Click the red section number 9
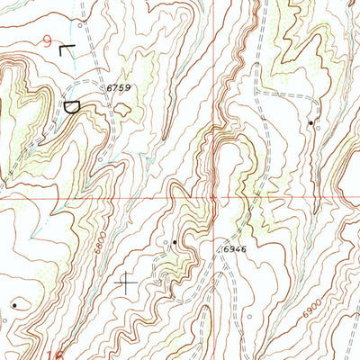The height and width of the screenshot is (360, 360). (x=47, y=40)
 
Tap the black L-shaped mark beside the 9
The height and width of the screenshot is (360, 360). (x=65, y=49)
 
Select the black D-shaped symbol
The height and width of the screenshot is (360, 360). (x=71, y=106)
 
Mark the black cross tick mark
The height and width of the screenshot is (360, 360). (x=128, y=283)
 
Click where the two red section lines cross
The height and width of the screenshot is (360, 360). (x=213, y=195)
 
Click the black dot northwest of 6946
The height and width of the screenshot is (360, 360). (x=174, y=242)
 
